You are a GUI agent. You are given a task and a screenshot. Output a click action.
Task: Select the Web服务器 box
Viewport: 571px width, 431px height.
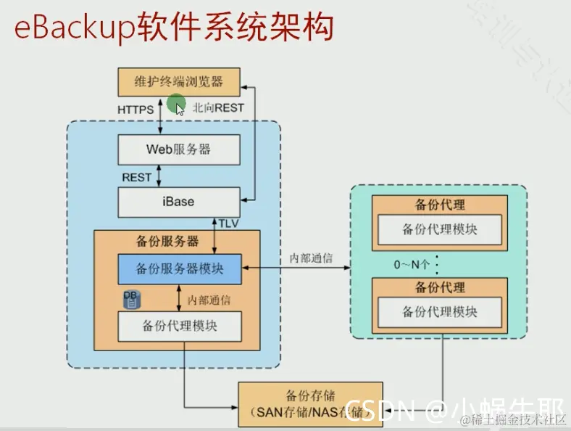click(178, 149)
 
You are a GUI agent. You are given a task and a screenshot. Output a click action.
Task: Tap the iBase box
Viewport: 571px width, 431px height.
click(178, 200)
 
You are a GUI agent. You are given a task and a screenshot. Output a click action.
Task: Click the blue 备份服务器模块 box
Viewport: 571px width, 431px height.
click(180, 268)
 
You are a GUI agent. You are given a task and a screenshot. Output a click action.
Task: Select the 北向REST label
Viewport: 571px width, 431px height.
click(218, 108)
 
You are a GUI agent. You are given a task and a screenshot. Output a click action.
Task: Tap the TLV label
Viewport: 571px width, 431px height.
click(229, 222)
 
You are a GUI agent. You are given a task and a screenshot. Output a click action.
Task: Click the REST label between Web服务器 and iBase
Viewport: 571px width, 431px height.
click(136, 176)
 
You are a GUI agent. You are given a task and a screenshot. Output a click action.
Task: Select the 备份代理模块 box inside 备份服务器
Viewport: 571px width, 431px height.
click(180, 326)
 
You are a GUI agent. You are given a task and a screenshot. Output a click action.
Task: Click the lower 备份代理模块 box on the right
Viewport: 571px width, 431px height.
click(439, 312)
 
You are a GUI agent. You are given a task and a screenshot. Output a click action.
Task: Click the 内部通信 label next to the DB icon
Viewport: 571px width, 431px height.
click(209, 299)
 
